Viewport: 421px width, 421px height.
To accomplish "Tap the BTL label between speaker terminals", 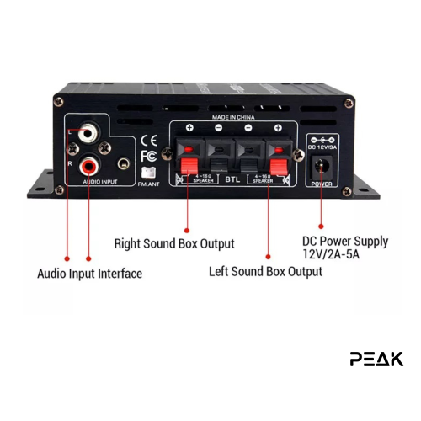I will point(233,179).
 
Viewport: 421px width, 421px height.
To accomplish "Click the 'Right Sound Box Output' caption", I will point(174,244).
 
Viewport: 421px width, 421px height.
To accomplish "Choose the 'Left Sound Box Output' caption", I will point(265,271).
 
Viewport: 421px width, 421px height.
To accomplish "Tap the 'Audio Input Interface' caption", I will point(89,274).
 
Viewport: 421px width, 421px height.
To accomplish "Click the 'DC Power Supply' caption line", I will point(345,241).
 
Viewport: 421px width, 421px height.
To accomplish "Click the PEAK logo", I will point(376,359).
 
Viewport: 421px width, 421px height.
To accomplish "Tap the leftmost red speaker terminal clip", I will point(190,157).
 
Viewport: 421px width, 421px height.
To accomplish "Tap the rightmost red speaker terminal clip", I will point(275,157).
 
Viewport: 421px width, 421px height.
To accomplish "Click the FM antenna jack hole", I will point(124,165).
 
